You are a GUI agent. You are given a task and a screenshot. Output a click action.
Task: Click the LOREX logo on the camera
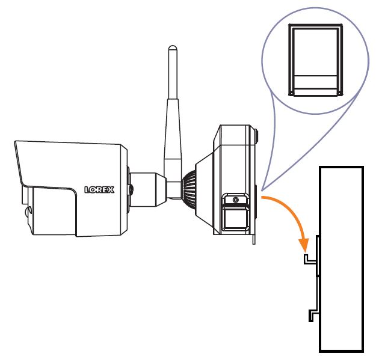point(99,190)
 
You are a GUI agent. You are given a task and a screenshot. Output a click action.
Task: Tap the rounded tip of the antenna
point(173,47)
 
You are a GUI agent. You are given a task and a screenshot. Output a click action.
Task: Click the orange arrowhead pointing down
point(304,245)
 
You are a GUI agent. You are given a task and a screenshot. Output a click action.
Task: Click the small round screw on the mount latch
point(235,200)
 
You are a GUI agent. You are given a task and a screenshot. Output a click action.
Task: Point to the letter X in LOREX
point(111,190)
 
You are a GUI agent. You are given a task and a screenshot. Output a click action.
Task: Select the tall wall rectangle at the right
point(341,260)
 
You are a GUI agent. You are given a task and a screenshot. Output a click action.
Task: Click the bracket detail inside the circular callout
point(316,60)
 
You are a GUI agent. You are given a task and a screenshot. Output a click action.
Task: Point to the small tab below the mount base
point(254,240)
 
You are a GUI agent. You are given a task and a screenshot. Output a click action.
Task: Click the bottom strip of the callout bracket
point(316,92)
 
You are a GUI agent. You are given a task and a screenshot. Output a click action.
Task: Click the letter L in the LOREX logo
point(87,190)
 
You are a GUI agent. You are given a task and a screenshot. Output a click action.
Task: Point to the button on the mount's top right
point(256,136)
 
